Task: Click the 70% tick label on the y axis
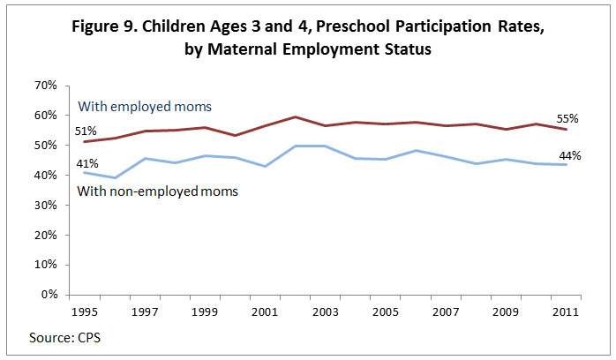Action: click(x=45, y=86)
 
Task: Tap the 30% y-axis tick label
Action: click(x=45, y=206)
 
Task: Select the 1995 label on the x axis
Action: click(x=83, y=311)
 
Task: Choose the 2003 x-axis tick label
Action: click(x=324, y=311)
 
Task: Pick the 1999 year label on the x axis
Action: click(x=204, y=311)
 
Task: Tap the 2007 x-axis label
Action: click(x=445, y=311)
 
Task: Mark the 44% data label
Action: click(x=569, y=155)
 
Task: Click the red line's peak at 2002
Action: click(x=295, y=116)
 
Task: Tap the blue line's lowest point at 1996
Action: click(x=114, y=177)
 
